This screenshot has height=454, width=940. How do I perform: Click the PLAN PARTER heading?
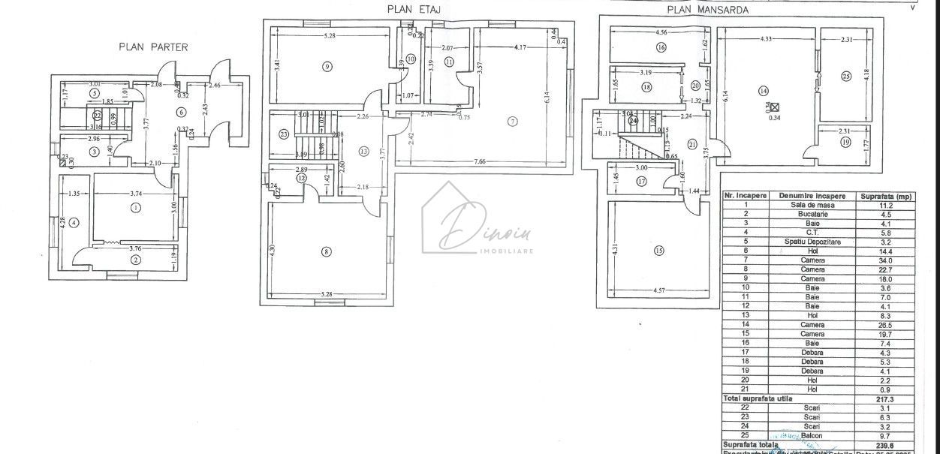click(x=153, y=47)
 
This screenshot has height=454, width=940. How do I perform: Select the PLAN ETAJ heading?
click(x=413, y=10)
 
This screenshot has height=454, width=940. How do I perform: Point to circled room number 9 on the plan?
click(x=327, y=67)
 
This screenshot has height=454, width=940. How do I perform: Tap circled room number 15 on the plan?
click(x=658, y=251)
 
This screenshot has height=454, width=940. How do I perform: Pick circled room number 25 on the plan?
click(x=845, y=76)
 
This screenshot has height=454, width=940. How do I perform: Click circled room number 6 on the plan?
click(x=180, y=112)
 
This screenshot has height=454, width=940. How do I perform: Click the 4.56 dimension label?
click(x=661, y=33)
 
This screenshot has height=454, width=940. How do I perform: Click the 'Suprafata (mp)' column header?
click(x=886, y=195)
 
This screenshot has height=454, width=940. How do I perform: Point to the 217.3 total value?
click(x=886, y=398)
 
